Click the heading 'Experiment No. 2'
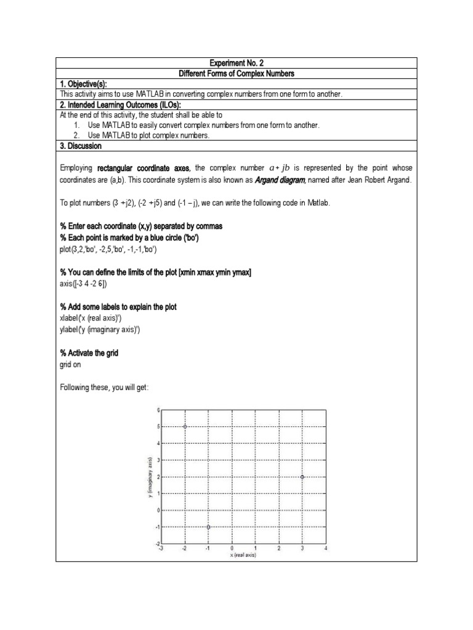pyautogui.click(x=236, y=63)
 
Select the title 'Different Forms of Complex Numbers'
pyautogui.click(x=236, y=74)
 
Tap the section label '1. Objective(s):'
pyautogui.click(x=88, y=84)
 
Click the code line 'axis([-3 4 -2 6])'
pyautogui.click(x=83, y=284)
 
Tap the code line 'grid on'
pyautogui.click(x=70, y=364)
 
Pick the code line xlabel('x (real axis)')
pyautogui.click(x=93, y=318)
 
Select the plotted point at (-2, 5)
pyautogui.click(x=185, y=426)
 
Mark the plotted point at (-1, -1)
pyautogui.click(x=209, y=527)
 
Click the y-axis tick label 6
pyautogui.click(x=158, y=410)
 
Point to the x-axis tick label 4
pyautogui.click(x=326, y=548)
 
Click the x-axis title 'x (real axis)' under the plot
pyautogui.click(x=243, y=555)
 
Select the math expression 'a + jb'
pyautogui.click(x=285, y=168)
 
